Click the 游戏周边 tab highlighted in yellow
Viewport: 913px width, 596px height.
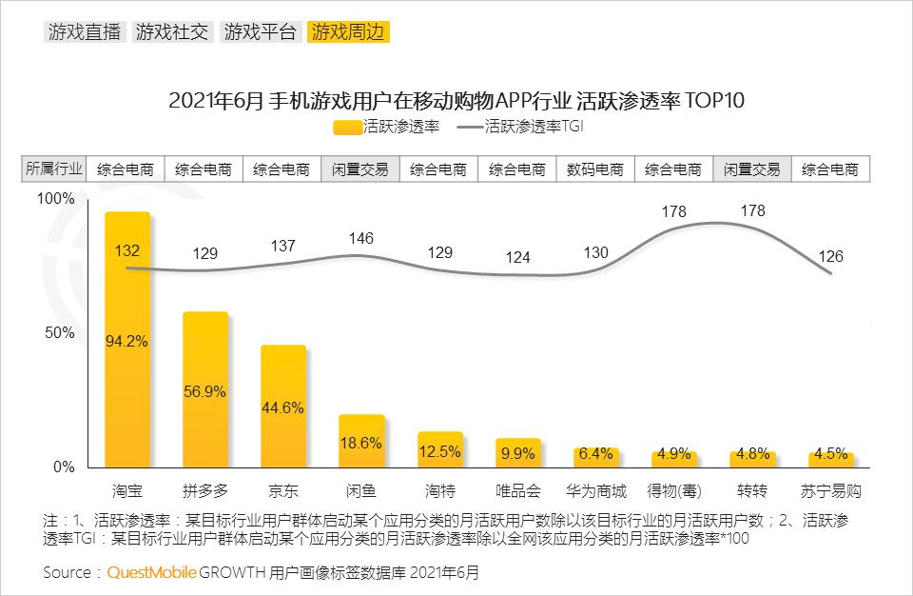click(349, 31)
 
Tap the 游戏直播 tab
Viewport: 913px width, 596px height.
click(84, 31)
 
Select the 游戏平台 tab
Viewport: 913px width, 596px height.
click(261, 31)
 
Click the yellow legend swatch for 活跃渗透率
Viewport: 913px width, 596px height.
click(348, 126)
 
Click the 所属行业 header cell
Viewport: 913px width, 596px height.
click(54, 169)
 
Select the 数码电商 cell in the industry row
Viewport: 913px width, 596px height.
click(595, 169)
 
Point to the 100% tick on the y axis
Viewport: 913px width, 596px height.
click(54, 198)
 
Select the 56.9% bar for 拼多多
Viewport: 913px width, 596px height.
click(205, 390)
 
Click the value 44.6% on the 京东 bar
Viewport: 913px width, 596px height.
click(283, 407)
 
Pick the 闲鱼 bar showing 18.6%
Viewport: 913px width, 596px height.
click(361, 442)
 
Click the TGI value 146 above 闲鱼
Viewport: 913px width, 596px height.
click(361, 238)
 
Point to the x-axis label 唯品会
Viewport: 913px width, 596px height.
click(518, 491)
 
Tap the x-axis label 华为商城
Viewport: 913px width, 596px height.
click(596, 491)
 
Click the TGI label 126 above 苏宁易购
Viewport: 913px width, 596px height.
click(831, 256)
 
